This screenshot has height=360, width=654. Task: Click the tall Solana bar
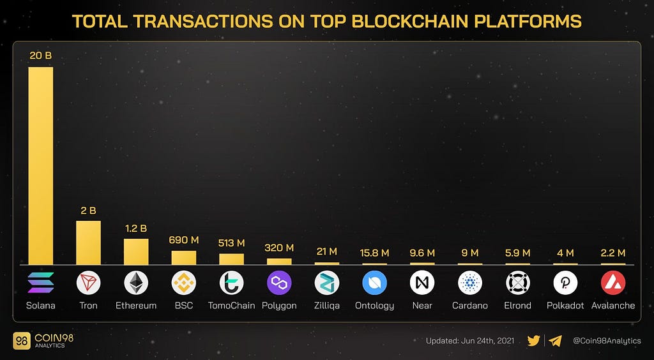[x=40, y=165]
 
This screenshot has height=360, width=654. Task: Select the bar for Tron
[x=88, y=243]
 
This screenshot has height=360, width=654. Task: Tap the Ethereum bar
[x=136, y=251]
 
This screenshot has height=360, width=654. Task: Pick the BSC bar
[x=184, y=257]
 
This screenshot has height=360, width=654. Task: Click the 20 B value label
[x=40, y=56]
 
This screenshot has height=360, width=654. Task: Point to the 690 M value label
[x=184, y=241]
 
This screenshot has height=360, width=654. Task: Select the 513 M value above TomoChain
[x=231, y=243]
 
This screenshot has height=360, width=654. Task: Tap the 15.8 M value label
[x=374, y=253]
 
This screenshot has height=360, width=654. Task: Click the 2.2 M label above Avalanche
[x=613, y=253]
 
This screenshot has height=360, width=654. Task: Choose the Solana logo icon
[x=41, y=282]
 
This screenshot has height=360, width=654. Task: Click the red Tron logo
[x=88, y=282]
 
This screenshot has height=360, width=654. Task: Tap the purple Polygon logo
[x=279, y=282]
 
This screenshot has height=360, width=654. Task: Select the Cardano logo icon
[x=470, y=282]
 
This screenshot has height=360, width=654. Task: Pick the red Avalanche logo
[x=613, y=282]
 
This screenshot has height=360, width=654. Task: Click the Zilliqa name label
[x=327, y=306]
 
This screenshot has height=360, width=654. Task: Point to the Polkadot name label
[x=565, y=306]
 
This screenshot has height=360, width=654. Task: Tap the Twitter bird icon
[x=534, y=341]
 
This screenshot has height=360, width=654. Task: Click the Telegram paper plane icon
[x=555, y=341]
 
